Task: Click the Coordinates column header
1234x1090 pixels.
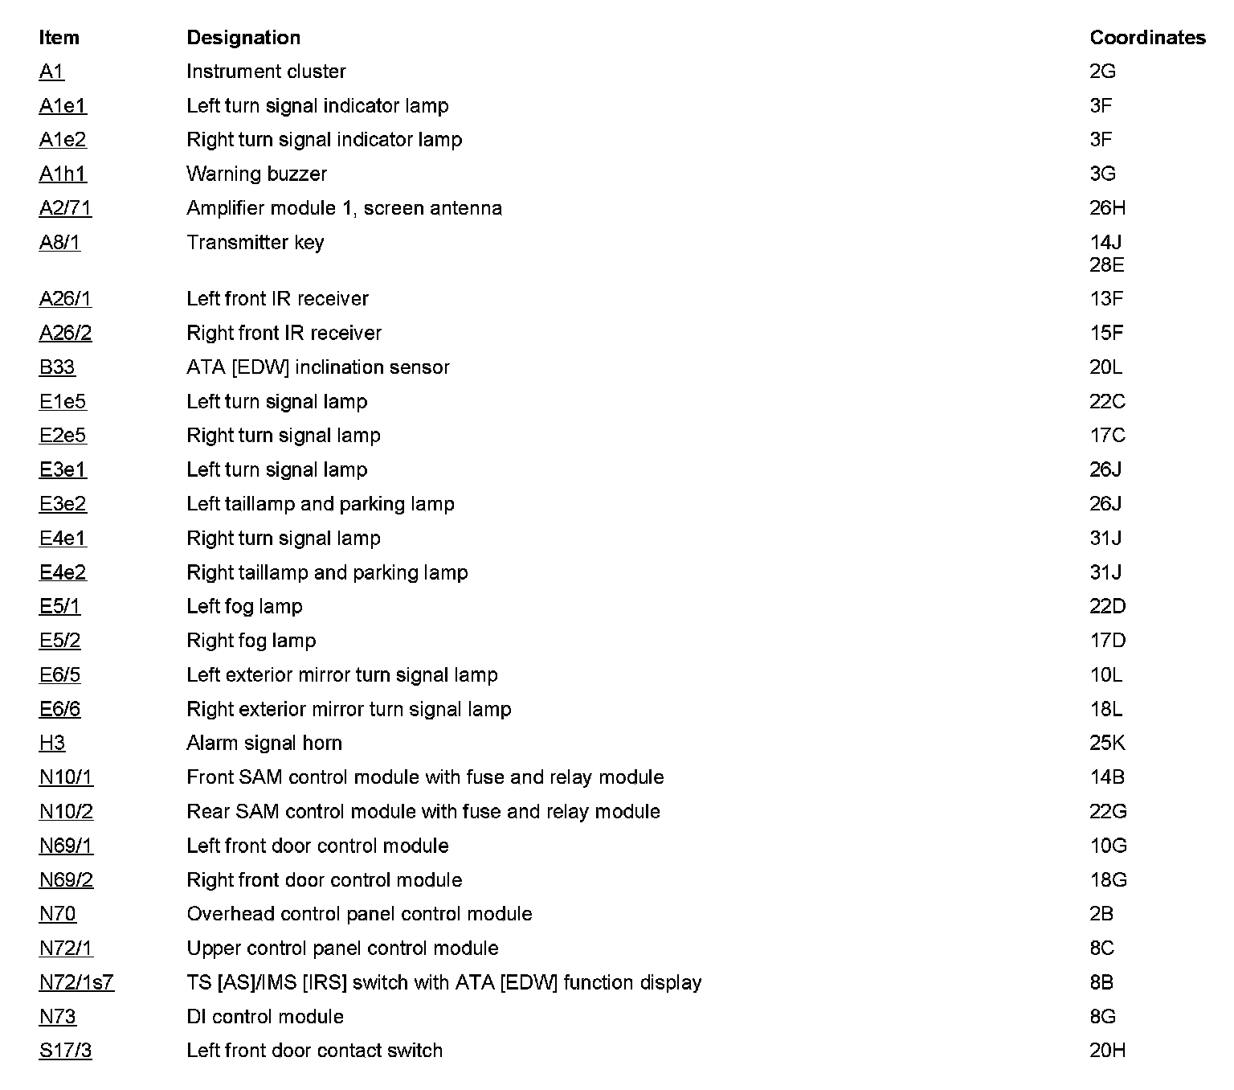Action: (x=1146, y=38)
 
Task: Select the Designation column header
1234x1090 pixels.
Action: (x=243, y=38)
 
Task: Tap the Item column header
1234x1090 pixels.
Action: (x=59, y=38)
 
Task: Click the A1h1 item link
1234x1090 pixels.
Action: (x=63, y=174)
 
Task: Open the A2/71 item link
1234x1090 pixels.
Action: (x=65, y=208)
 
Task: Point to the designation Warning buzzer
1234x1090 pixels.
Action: (x=256, y=174)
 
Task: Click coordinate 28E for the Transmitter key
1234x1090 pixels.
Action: (x=1106, y=265)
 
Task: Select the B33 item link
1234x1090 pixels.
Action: (x=57, y=367)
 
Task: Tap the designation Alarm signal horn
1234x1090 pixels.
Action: (x=264, y=744)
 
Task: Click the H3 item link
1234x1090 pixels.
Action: (x=52, y=744)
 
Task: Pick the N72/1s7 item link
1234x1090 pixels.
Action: (x=76, y=982)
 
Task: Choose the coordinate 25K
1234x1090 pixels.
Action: (x=1107, y=744)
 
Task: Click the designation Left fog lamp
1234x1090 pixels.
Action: (x=244, y=607)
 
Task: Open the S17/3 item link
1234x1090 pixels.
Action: (x=65, y=1051)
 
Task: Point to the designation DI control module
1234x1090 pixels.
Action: (x=265, y=1017)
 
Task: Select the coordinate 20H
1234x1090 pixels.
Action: (x=1107, y=1051)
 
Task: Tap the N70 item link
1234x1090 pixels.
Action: (x=58, y=914)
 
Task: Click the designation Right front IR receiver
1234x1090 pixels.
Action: (x=284, y=334)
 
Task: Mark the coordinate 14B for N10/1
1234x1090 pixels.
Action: (x=1106, y=777)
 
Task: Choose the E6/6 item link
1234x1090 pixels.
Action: (x=60, y=709)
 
